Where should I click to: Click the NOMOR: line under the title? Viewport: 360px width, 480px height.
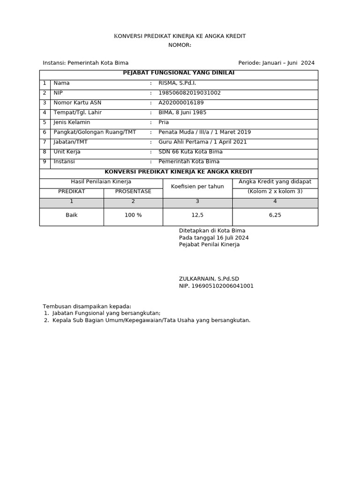tap(180, 45)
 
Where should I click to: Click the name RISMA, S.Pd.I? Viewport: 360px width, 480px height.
tap(177, 83)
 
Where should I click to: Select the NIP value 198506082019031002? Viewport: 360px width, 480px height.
tap(189, 93)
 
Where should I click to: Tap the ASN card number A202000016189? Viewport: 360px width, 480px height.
tap(181, 103)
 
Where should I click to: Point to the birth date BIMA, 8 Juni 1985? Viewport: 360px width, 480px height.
tap(182, 112)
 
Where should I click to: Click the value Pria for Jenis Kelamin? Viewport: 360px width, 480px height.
tap(164, 122)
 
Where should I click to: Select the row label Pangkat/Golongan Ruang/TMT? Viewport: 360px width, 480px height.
tap(95, 132)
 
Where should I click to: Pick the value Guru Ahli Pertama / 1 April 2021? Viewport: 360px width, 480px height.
tap(202, 142)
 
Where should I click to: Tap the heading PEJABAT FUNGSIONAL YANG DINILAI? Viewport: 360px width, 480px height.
tap(179, 73)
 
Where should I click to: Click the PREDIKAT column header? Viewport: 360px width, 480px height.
tap(71, 191)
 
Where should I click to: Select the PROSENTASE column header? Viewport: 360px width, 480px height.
tap(133, 191)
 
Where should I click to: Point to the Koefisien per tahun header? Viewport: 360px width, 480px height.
tap(197, 186)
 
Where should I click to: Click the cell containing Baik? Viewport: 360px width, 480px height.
tap(71, 215)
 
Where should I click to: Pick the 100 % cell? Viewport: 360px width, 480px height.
tap(133, 215)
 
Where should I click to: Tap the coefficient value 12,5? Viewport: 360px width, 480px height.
tap(197, 215)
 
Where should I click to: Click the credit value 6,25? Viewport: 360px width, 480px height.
tap(275, 215)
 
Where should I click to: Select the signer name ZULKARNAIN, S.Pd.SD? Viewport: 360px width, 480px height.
tap(209, 278)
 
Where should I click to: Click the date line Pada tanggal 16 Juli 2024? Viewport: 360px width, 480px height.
tap(214, 238)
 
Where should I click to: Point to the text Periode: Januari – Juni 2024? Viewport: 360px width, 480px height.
tap(276, 63)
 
